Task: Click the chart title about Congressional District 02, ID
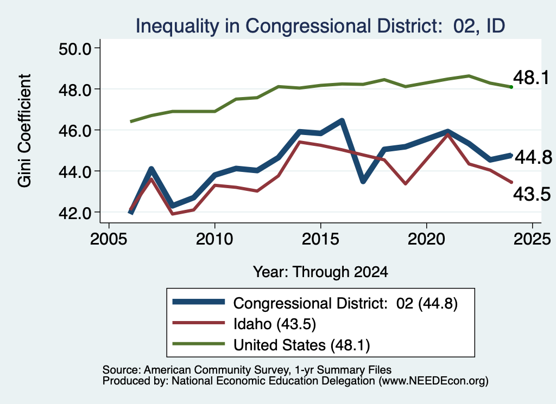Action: (x=320, y=26)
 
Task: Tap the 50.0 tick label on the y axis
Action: (x=75, y=49)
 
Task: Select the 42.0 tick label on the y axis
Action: (x=75, y=213)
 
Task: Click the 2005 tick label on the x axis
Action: (x=109, y=239)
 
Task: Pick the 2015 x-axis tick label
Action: (x=320, y=239)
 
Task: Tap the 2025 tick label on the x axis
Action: (x=532, y=239)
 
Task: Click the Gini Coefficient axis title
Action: (x=24, y=131)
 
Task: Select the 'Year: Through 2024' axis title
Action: (x=320, y=272)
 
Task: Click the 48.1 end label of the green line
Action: (x=531, y=78)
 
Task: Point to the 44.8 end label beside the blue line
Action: (x=533, y=157)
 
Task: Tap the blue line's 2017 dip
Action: (x=363, y=181)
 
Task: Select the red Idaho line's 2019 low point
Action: (x=405, y=184)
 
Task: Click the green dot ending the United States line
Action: (x=511, y=87)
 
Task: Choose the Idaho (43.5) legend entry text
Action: (x=274, y=324)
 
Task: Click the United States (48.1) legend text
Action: (x=301, y=345)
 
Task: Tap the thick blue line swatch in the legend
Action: (x=199, y=302)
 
